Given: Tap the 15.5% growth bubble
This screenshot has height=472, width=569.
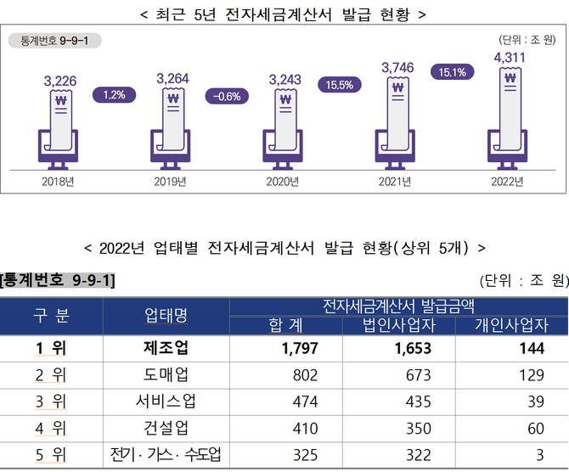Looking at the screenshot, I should click(x=339, y=85).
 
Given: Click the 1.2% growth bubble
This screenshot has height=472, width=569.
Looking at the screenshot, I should click(x=114, y=95).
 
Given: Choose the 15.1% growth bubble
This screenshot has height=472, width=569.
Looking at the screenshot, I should click(x=452, y=72).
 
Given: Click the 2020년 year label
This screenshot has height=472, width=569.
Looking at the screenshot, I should click(x=284, y=182).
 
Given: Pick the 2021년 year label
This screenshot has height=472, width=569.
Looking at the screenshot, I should click(x=396, y=182).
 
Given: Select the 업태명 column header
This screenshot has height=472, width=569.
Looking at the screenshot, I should click(x=166, y=316).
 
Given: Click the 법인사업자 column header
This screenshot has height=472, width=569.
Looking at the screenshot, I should click(x=399, y=325).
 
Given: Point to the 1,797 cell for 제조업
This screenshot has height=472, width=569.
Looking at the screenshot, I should click(x=285, y=348).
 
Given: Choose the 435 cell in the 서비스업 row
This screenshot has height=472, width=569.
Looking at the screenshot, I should click(x=399, y=401).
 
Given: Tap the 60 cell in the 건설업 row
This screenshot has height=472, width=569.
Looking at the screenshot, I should click(x=511, y=430).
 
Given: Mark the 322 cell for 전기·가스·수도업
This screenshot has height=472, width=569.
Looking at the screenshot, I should click(x=399, y=455).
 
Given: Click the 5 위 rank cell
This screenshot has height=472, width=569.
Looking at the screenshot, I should click(x=52, y=455).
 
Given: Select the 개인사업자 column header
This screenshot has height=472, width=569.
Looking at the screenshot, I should click(x=511, y=325).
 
